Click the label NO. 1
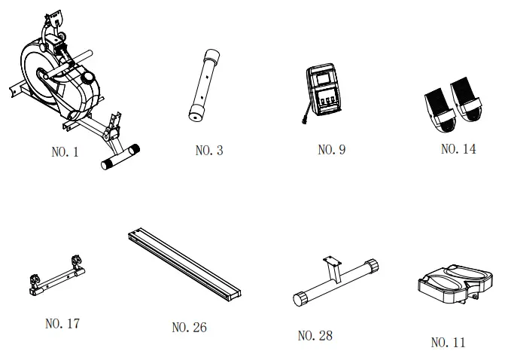pyautogui.click(x=65, y=152)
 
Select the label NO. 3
pyautogui.click(x=208, y=151)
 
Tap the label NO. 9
pyautogui.click(x=331, y=150)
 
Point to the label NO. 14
pyautogui.click(x=458, y=149)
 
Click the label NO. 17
pyautogui.click(x=62, y=324)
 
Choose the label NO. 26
pyautogui.click(x=189, y=328)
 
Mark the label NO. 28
pyautogui.click(x=315, y=335)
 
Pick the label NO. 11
pyautogui.click(x=448, y=343)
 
